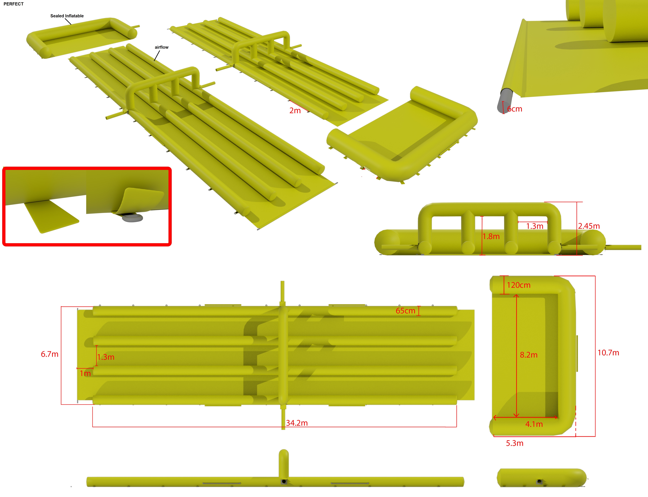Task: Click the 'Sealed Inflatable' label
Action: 67,16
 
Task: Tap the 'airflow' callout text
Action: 162,47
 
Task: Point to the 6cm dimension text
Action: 515,109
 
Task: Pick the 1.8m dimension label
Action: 491,236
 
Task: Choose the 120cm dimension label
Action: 519,285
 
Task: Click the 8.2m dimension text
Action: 529,355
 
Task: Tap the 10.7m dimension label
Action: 608,353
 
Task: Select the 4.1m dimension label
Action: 534,424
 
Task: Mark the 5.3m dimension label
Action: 515,443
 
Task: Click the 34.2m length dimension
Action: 297,423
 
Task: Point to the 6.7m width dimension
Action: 50,354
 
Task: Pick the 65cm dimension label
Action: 406,311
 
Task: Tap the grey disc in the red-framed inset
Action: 132,218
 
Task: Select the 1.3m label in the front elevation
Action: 535,226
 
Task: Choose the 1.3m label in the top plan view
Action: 106,357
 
